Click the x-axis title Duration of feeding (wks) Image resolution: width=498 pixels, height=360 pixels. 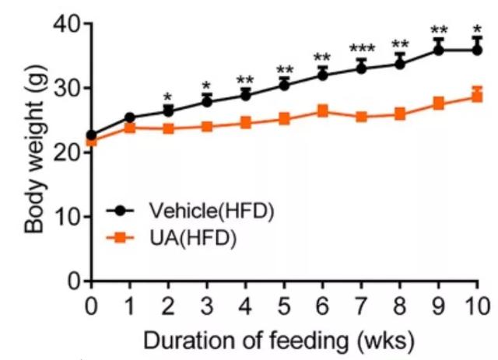284,339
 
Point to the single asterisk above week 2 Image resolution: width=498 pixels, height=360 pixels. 169,97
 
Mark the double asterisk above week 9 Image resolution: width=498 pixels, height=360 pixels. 438,32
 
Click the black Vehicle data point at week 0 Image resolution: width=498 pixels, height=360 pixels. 92,135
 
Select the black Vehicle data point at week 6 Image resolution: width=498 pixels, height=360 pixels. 323,75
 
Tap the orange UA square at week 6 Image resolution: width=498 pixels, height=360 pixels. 323,111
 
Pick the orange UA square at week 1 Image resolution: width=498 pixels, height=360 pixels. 130,128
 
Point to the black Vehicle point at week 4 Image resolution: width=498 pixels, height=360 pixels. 246,95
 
